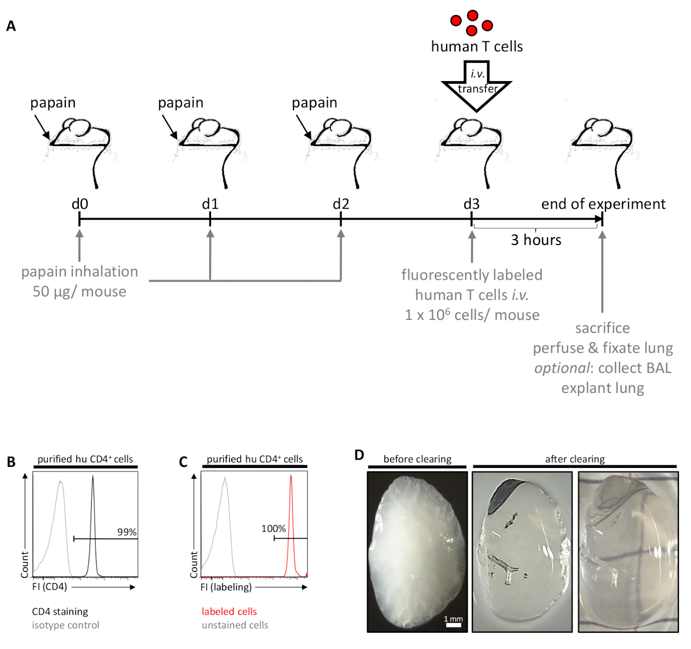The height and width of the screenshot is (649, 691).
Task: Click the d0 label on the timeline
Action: (x=79, y=204)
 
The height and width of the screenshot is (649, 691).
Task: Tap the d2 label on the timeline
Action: (x=341, y=204)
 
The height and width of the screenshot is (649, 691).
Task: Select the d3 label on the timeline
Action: (x=471, y=204)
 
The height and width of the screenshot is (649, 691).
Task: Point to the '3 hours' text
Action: (x=536, y=240)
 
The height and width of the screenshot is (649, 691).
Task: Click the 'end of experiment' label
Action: (x=603, y=204)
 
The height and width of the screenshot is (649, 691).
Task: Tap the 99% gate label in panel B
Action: (x=127, y=532)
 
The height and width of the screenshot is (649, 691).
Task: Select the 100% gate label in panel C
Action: (x=273, y=528)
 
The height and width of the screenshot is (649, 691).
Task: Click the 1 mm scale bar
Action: (x=453, y=625)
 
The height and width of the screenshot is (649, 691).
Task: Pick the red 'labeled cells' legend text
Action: (x=229, y=611)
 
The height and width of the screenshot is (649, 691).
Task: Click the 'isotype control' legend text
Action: (x=65, y=625)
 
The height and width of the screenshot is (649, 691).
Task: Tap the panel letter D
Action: (x=359, y=455)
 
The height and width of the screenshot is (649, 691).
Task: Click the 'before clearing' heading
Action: (x=417, y=459)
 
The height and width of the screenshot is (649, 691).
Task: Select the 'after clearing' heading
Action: (x=575, y=459)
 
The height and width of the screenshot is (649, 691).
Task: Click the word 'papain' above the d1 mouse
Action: (x=180, y=103)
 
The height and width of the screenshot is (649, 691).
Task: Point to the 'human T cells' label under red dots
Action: (x=477, y=46)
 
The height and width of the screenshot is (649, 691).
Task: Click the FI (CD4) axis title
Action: (x=49, y=587)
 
